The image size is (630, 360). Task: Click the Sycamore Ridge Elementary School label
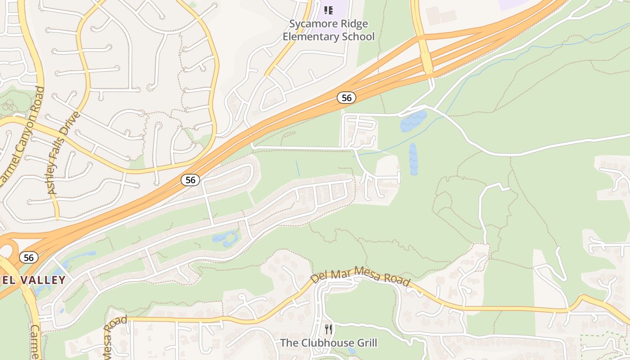[328, 30]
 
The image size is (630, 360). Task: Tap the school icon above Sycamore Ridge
[328, 10]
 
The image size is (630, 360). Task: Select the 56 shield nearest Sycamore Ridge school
[346, 98]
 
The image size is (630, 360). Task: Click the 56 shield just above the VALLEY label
[28, 257]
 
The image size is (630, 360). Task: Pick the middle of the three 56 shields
[190, 180]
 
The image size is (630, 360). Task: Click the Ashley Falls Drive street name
[64, 153]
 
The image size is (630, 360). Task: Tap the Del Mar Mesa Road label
[360, 275]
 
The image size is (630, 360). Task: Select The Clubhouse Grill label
[328, 343]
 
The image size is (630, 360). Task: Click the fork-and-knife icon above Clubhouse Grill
[328, 329]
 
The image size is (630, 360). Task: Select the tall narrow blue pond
[414, 159]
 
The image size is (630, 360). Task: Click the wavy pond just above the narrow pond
[413, 121]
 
